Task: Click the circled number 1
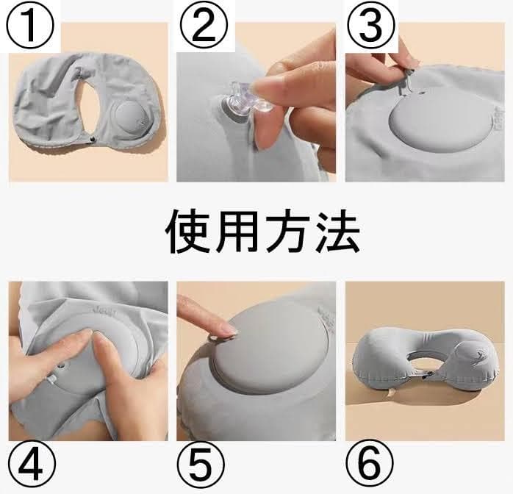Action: [30, 26]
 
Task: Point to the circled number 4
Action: [32, 465]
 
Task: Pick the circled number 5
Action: [201, 465]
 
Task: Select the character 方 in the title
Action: [288, 232]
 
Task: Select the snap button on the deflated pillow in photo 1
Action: [91, 140]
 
